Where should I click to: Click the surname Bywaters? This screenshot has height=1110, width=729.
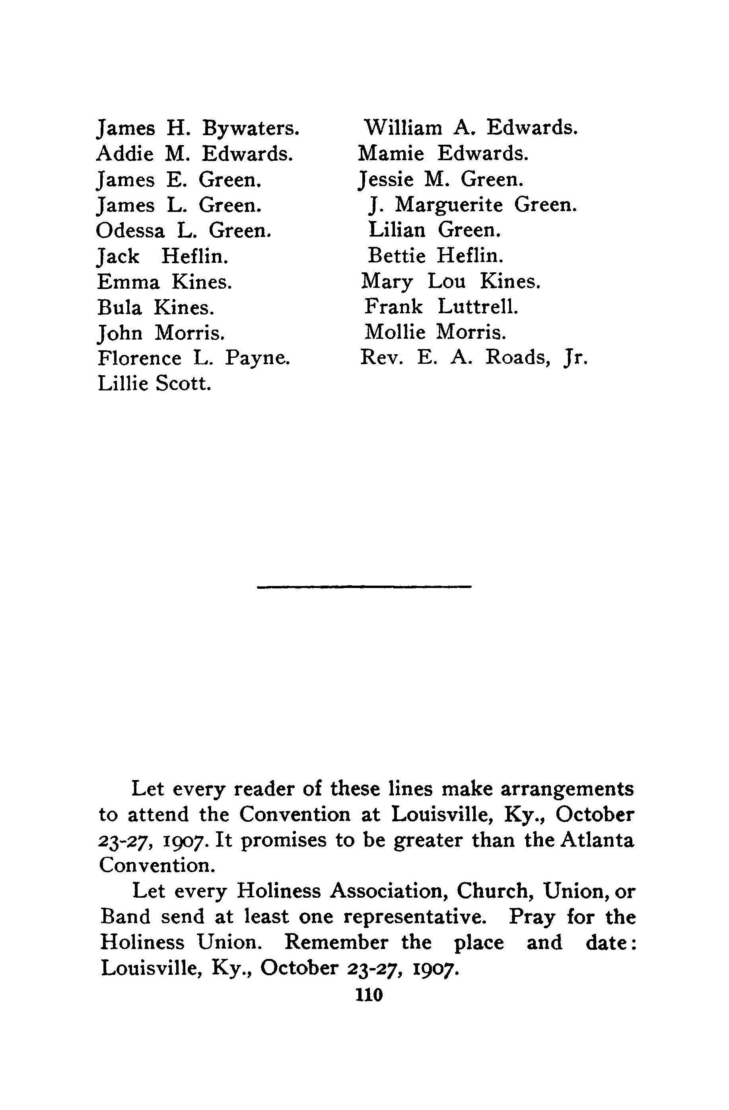(251, 129)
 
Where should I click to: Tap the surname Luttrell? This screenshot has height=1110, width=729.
(478, 307)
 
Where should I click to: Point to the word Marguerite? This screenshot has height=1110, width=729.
(448, 205)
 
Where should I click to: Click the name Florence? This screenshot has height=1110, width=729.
(140, 358)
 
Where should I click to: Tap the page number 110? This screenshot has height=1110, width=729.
(369, 995)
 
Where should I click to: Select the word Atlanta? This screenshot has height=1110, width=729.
(597, 840)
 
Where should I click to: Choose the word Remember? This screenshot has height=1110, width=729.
(336, 943)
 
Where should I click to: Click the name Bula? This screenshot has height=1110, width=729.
(119, 307)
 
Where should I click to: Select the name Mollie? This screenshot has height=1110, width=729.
(395, 332)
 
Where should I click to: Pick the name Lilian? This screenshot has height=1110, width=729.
(397, 230)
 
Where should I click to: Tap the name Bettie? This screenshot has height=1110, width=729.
(397, 256)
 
